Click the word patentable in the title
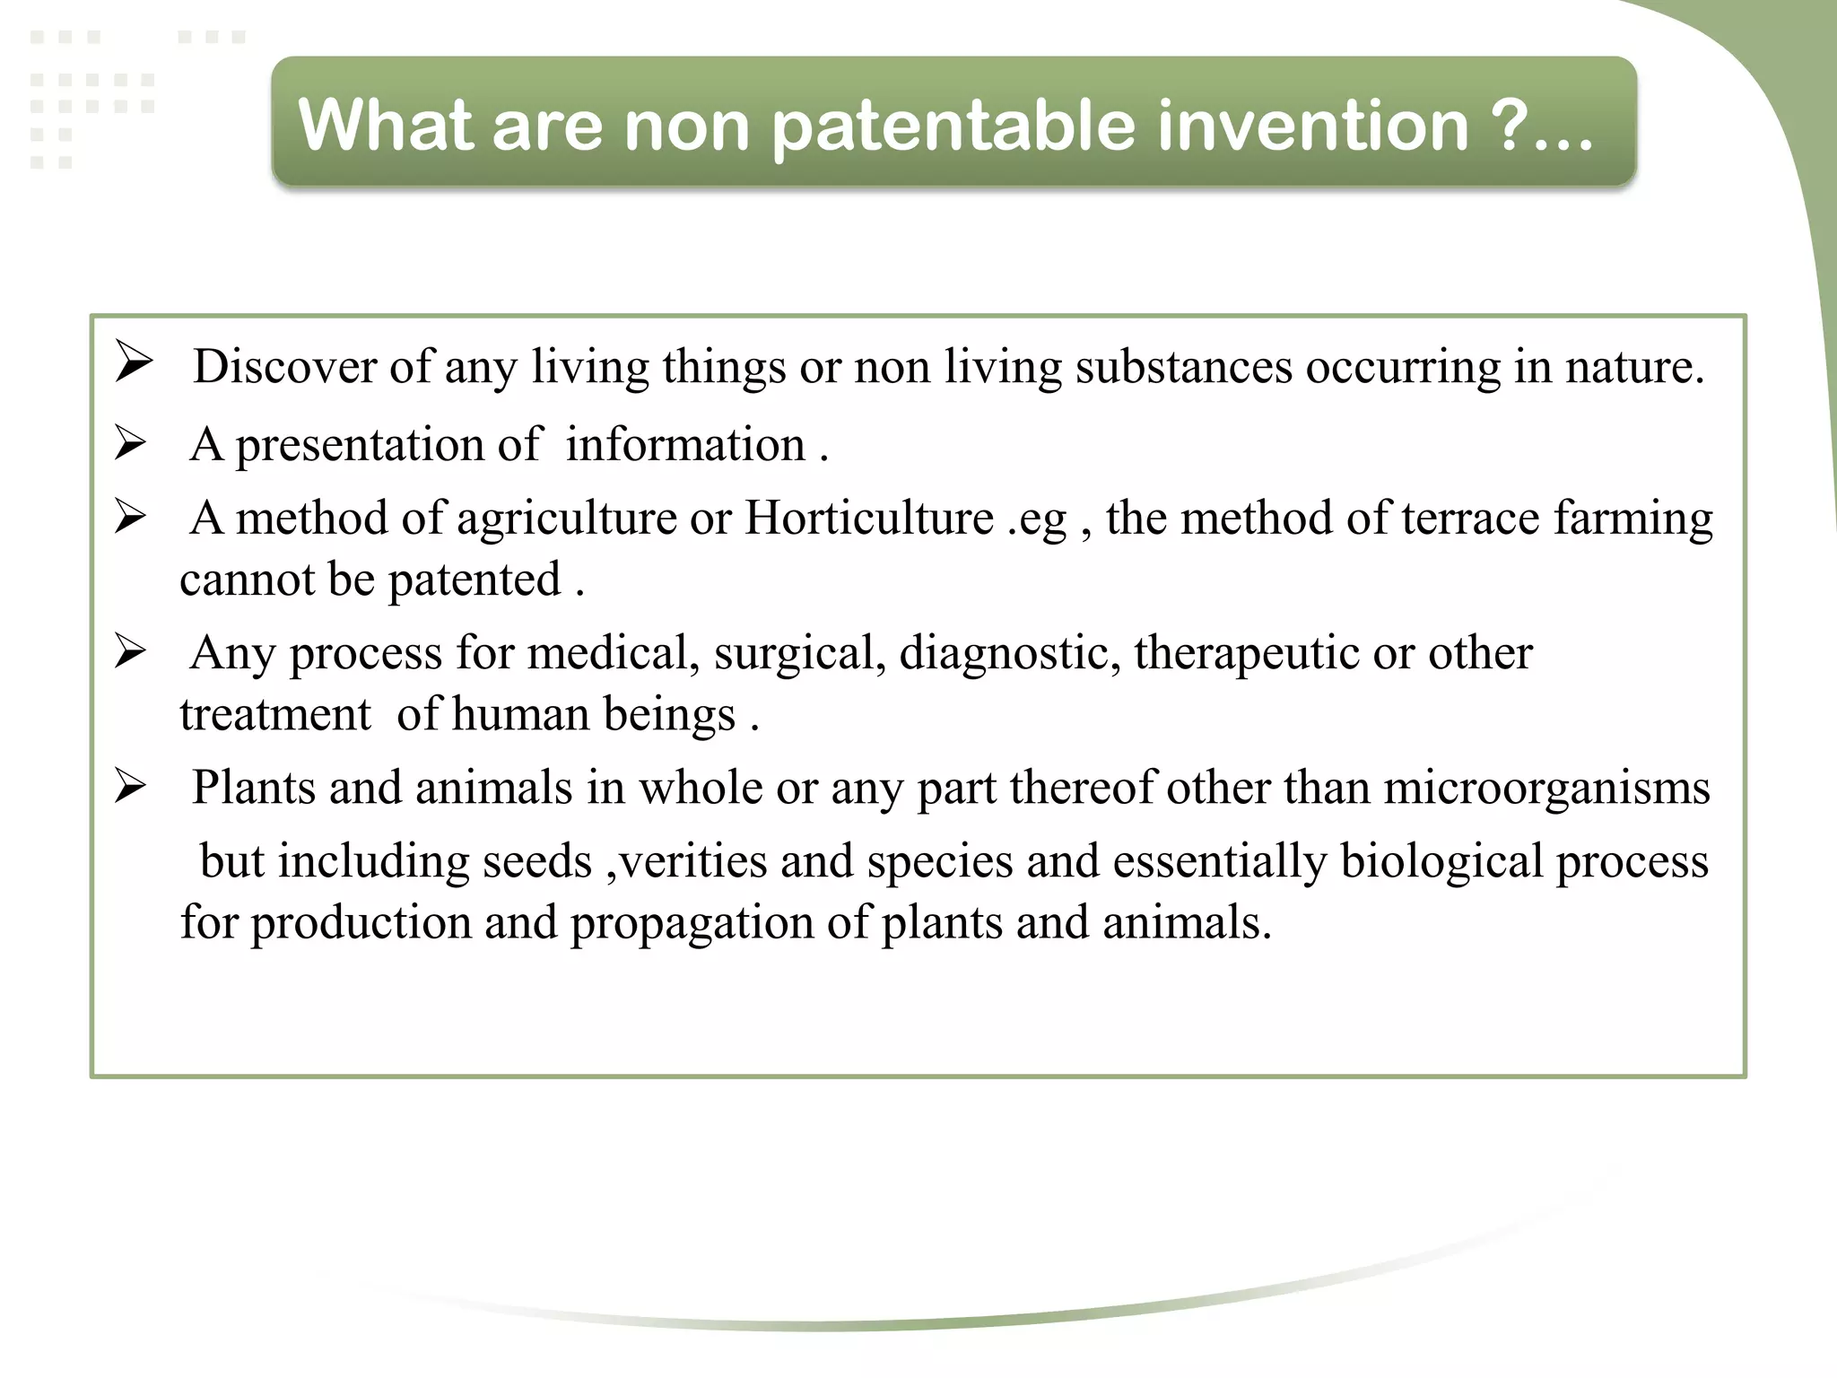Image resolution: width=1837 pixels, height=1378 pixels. [954, 126]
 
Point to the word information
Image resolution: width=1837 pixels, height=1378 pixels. [685, 445]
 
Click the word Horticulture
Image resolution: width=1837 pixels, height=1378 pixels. [869, 519]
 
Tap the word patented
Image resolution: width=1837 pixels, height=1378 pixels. [474, 580]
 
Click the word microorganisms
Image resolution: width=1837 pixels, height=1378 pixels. [1546, 789]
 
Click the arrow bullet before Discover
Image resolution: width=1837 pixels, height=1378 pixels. [134, 363]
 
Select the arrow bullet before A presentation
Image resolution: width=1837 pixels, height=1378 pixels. [131, 443]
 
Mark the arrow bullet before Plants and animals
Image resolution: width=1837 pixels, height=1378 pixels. [131, 787]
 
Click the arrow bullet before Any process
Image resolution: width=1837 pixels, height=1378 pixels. [131, 651]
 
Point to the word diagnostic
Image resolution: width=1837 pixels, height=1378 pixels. [1008, 653]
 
